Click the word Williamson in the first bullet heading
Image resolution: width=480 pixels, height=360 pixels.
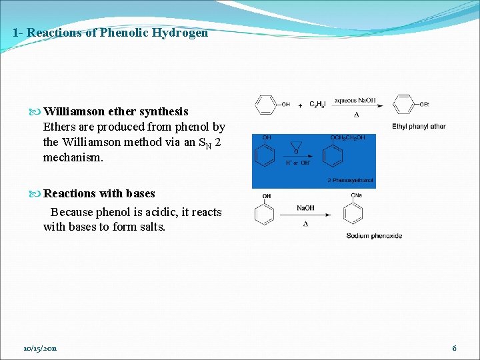click(x=72, y=111)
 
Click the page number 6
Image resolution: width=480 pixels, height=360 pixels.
click(x=454, y=348)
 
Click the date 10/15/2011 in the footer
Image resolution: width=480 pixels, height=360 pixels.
click(x=40, y=348)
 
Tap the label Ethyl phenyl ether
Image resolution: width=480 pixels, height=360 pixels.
click(x=419, y=127)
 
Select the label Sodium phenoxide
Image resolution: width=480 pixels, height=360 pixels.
click(x=374, y=235)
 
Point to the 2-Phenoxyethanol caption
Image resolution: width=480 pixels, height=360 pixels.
click(x=350, y=181)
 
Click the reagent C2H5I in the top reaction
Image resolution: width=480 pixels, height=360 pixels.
click(x=319, y=105)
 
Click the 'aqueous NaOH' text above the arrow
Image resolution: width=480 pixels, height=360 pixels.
click(x=355, y=101)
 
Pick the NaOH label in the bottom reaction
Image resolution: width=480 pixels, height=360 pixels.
click(x=305, y=208)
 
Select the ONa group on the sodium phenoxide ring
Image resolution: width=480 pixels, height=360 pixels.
click(x=356, y=196)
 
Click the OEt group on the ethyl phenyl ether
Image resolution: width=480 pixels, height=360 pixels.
click(x=425, y=105)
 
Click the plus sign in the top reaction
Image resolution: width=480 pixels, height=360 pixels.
click(x=300, y=105)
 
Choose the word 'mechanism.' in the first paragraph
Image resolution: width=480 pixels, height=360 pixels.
click(x=72, y=158)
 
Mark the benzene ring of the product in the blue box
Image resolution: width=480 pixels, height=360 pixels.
click(x=333, y=155)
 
